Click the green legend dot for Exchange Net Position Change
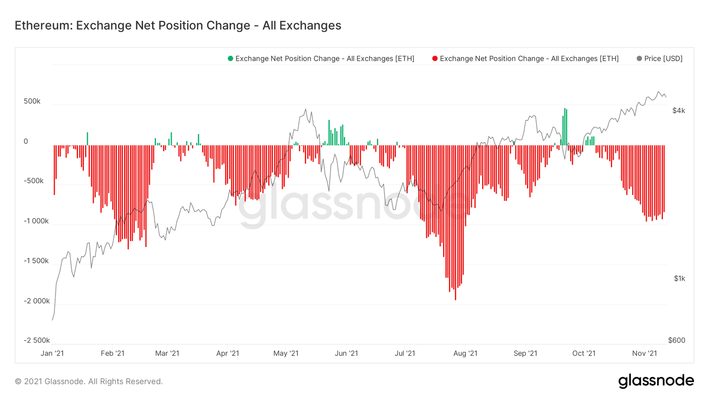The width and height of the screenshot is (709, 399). (x=230, y=59)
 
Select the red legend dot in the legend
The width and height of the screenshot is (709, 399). (x=435, y=59)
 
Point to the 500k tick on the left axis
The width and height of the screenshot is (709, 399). (x=32, y=102)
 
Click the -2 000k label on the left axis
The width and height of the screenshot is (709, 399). (x=37, y=301)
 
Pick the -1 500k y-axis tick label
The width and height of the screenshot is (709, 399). (x=36, y=261)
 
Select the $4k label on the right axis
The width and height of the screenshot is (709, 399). (x=678, y=111)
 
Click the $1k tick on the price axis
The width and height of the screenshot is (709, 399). (x=679, y=278)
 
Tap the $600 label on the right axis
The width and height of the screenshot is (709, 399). (x=676, y=340)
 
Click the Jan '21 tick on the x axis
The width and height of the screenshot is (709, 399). (x=52, y=353)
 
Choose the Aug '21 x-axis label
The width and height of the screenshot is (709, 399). (x=466, y=353)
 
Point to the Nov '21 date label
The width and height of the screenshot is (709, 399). (x=644, y=353)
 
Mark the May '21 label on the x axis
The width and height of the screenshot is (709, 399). (x=286, y=353)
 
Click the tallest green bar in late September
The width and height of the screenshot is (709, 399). (x=565, y=126)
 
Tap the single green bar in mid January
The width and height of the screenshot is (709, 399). (x=87, y=139)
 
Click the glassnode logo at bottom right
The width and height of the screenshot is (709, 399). (x=656, y=381)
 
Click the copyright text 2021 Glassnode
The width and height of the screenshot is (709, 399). (x=89, y=381)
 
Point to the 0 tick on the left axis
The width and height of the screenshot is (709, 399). (x=26, y=141)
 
